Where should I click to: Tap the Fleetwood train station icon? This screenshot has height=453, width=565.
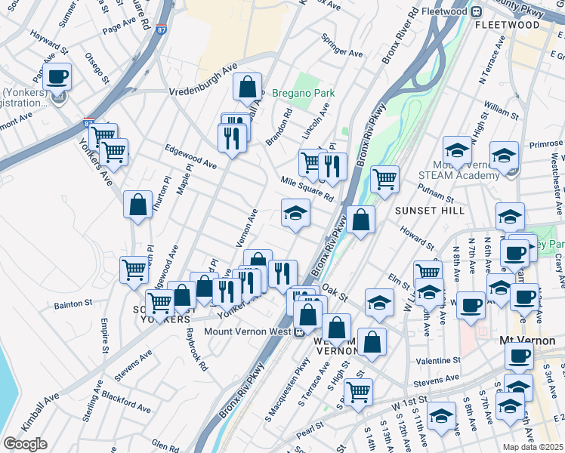(x=477, y=12)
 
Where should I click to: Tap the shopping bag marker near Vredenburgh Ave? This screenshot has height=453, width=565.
(x=248, y=88)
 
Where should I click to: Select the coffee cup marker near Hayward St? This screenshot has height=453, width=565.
(x=57, y=76)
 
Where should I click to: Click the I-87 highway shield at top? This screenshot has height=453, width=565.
(x=162, y=29)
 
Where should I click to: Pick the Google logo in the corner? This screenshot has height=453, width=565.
(x=25, y=444)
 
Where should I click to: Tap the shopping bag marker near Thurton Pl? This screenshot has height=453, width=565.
(x=137, y=205)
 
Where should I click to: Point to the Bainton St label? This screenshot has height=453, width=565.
(x=73, y=305)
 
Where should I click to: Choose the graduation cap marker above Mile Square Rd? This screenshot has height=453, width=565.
(x=296, y=214)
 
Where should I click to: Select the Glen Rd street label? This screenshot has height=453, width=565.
(x=165, y=445)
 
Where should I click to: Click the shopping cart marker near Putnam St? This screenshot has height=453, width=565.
(x=384, y=180)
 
